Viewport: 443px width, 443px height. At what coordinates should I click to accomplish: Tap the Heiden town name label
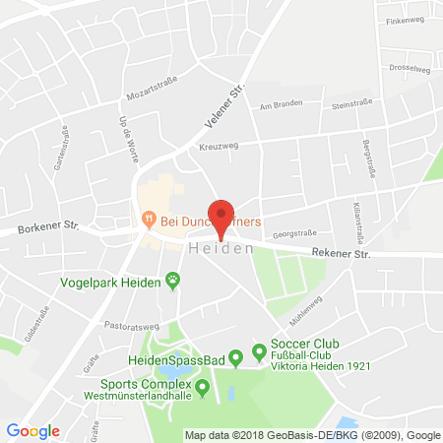point(219,250)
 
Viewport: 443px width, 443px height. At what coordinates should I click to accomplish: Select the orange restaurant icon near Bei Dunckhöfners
point(149,217)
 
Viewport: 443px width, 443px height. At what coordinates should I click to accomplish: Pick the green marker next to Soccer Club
point(260,350)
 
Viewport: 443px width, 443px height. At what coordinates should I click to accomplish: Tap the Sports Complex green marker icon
point(203,388)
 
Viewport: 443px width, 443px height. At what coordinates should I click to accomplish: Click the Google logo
point(33,430)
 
